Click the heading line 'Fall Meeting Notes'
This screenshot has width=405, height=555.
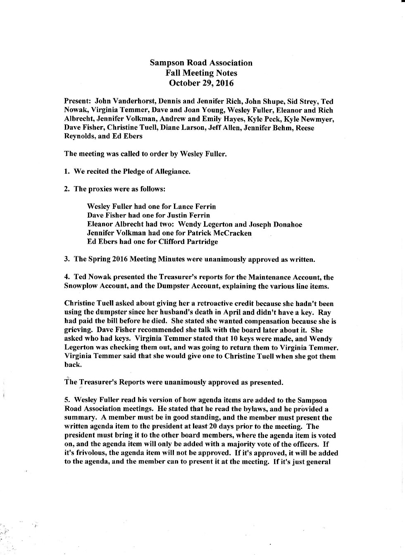click(x=201, y=73)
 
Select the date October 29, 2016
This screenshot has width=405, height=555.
click(x=201, y=83)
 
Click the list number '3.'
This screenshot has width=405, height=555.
click(x=67, y=259)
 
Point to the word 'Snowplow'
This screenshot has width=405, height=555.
click(x=81, y=286)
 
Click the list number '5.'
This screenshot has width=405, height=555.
click(x=67, y=400)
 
